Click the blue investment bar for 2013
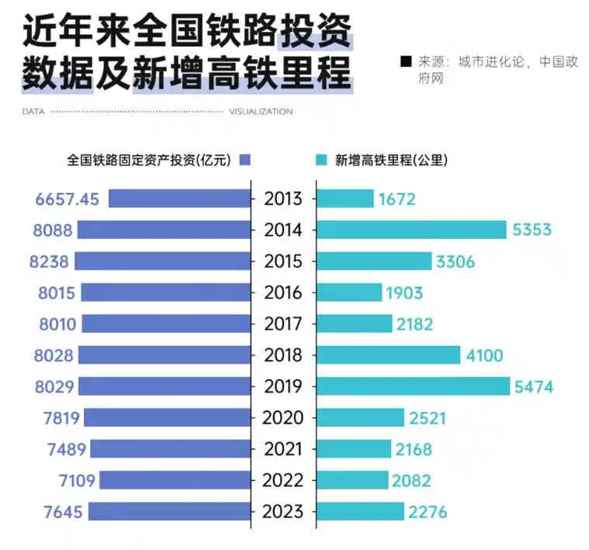(x=180, y=199)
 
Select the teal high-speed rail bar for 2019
(x=413, y=386)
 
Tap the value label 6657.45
(x=68, y=199)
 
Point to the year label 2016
(x=283, y=292)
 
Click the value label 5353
(x=532, y=230)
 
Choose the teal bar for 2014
(x=411, y=230)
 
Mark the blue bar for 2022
(x=175, y=480)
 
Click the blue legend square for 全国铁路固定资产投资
(x=246, y=161)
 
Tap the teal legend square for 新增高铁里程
(x=322, y=161)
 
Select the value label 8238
(x=50, y=261)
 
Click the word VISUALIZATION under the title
(x=261, y=112)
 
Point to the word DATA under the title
(x=33, y=112)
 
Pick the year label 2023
(x=283, y=512)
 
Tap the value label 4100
(x=484, y=355)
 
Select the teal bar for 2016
(x=349, y=292)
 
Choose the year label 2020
(x=283, y=418)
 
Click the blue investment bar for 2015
(x=164, y=261)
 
